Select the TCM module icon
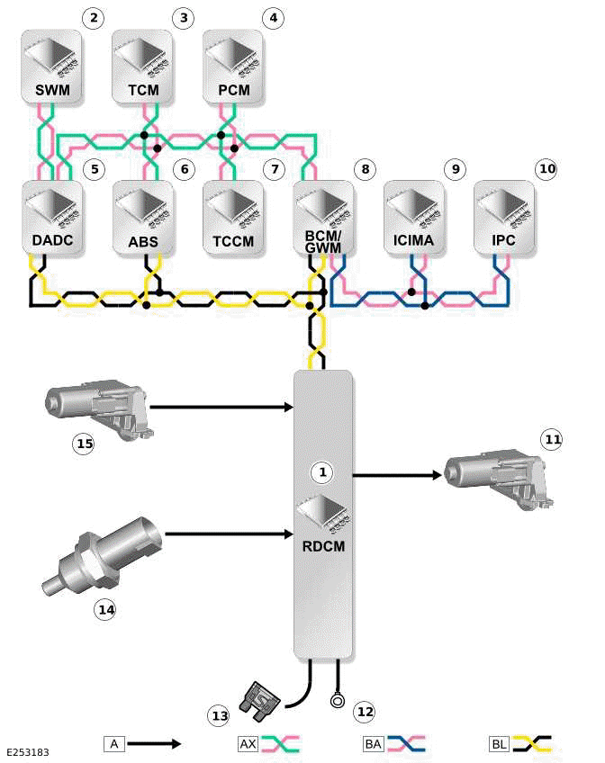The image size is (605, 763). pos(143,65)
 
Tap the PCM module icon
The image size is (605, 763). pos(233,65)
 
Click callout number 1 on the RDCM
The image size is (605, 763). pos(323,471)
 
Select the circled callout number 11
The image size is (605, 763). pos(552,439)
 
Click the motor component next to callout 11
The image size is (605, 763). pos(498,474)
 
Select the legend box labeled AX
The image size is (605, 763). pos(248,744)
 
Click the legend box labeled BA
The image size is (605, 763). pos(373,744)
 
